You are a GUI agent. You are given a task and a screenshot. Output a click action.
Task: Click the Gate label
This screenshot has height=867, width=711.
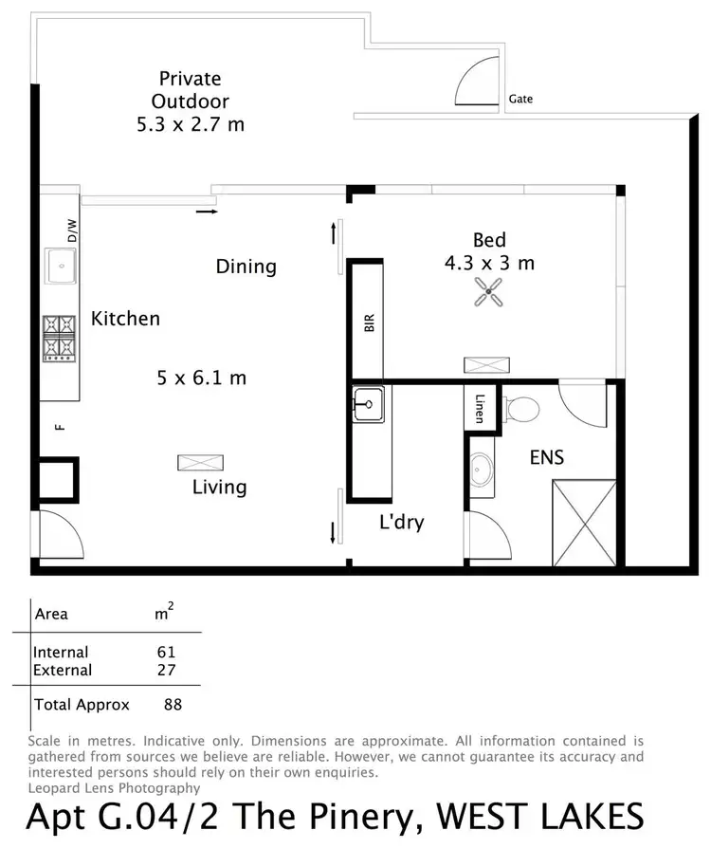(520, 99)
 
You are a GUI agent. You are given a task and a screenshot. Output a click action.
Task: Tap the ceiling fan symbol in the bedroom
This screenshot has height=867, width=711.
(489, 295)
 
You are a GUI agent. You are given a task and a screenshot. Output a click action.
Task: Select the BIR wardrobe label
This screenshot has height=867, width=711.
(370, 323)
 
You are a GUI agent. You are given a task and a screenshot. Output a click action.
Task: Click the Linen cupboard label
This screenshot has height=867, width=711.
(480, 409)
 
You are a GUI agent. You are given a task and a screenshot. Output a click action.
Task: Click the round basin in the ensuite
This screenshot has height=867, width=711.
(481, 468)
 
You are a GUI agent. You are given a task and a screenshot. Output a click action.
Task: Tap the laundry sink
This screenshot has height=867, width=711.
(367, 404)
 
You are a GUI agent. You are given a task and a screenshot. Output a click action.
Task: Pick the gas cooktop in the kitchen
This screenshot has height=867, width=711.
(59, 338)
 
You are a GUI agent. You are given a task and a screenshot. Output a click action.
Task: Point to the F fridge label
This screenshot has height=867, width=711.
(61, 427)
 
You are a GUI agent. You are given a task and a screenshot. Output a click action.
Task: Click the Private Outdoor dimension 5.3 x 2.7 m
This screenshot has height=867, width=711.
(191, 123)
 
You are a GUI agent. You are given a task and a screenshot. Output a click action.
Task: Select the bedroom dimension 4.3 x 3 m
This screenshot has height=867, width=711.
(489, 263)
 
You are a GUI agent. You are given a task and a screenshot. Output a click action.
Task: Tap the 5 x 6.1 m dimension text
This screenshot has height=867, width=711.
(201, 378)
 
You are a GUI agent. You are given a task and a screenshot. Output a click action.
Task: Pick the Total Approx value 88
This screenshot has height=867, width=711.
(171, 705)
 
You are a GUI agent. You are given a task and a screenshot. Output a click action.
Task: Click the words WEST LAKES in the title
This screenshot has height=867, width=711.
(538, 816)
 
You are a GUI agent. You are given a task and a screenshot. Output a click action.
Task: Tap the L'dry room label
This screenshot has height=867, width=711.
(401, 522)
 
